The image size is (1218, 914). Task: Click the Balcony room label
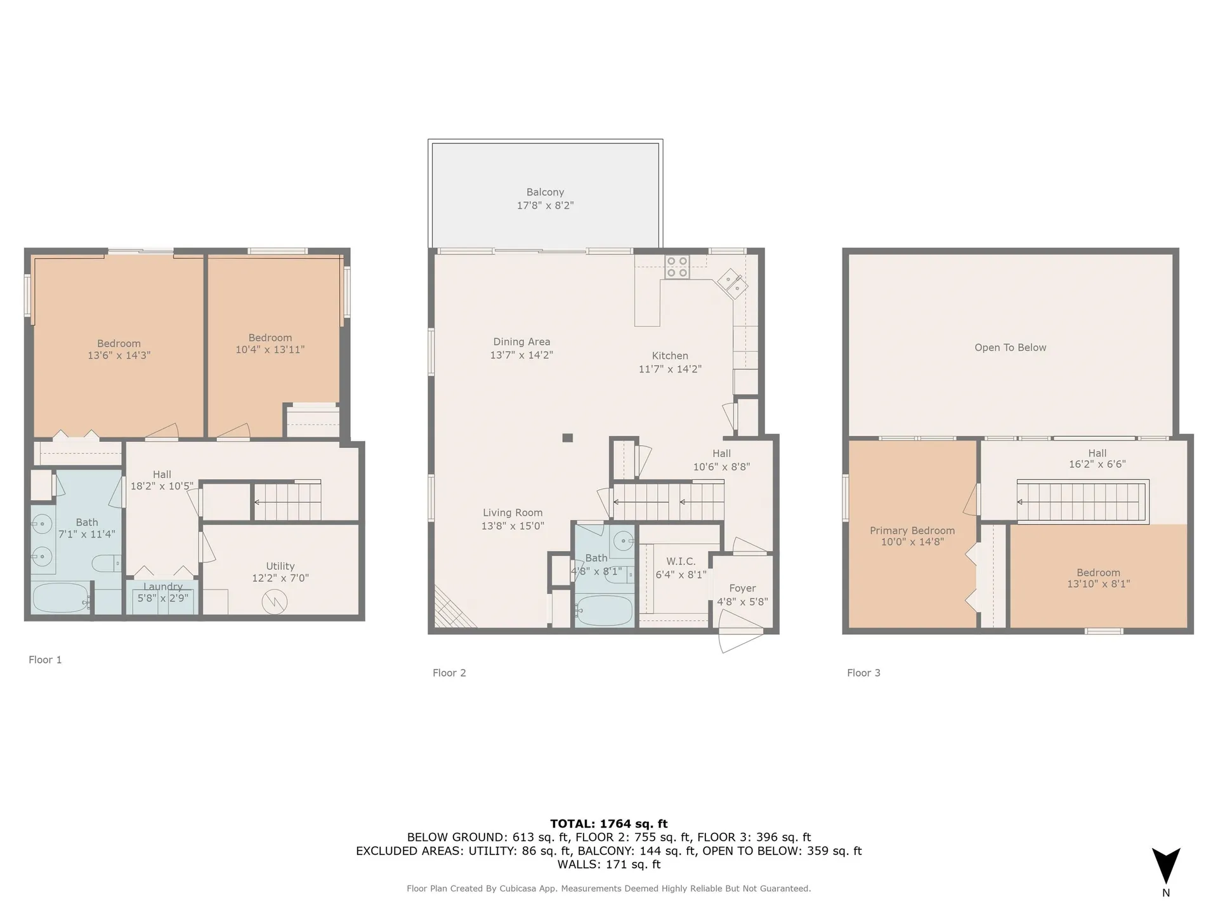pyautogui.click(x=545, y=192)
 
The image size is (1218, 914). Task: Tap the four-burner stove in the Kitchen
pyautogui.click(x=677, y=267)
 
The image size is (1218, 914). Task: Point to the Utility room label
pyautogui.click(x=280, y=566)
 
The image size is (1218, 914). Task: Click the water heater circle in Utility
pyautogui.click(x=275, y=600)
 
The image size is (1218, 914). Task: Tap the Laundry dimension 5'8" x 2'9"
pyautogui.click(x=163, y=598)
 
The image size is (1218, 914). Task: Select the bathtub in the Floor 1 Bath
pyautogui.click(x=61, y=598)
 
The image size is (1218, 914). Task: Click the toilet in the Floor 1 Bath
pyautogui.click(x=106, y=563)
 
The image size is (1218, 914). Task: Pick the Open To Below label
pyautogui.click(x=1010, y=347)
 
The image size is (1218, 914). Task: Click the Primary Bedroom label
pyautogui.click(x=912, y=531)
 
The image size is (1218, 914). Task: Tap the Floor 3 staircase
pyautogui.click(x=1082, y=501)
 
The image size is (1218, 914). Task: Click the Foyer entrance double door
pyautogui.click(x=740, y=639)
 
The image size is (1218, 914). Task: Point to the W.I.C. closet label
pyautogui.click(x=681, y=561)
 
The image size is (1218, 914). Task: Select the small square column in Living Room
pyautogui.click(x=568, y=437)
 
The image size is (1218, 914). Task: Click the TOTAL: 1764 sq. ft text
pyautogui.click(x=608, y=824)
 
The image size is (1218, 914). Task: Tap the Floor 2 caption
pyautogui.click(x=449, y=673)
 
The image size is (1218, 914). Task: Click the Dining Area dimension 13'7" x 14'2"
pyautogui.click(x=521, y=355)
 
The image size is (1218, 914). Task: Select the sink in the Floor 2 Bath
pyautogui.click(x=623, y=541)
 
